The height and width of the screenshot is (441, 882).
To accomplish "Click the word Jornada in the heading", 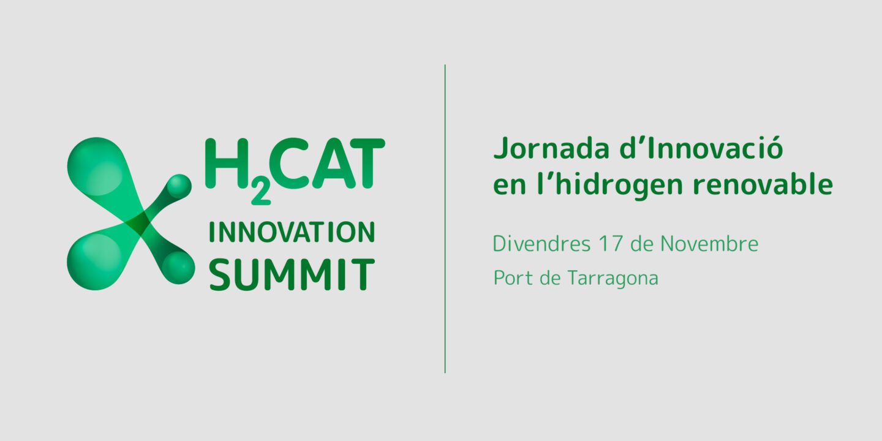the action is point(551,148).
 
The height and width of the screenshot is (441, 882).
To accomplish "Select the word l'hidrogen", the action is point(610,184).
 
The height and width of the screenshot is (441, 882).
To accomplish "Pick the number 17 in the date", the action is point(611,244).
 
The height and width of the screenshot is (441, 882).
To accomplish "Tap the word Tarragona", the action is point(612,279).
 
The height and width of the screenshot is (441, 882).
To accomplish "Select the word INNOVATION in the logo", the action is point(292,232).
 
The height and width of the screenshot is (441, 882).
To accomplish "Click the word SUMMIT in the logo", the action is point(292,274).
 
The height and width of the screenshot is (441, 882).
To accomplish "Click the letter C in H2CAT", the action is point(288,163).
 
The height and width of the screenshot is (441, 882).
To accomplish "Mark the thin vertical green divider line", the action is point(445,219).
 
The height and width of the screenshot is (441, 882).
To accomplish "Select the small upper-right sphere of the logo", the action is point(179,186).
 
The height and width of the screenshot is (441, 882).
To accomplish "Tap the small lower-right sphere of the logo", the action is point(178,267).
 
